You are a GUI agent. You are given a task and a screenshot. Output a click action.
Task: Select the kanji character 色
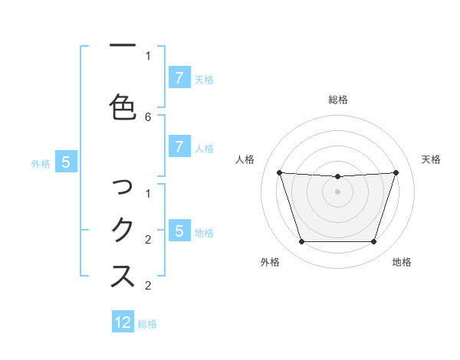coord(123,107)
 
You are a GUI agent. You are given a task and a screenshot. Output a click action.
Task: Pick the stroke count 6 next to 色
coord(148,117)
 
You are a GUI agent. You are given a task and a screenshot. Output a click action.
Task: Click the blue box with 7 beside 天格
coord(179,78)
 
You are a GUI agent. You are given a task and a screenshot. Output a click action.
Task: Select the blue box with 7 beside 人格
coord(179,148)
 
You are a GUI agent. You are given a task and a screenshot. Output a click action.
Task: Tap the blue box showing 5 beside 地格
coord(179,231)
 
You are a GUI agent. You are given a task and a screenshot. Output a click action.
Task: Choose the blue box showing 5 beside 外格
coord(66,162)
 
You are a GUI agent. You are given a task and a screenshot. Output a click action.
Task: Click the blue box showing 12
coord(123,322)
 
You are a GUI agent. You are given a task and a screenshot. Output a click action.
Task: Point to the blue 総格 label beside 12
coord(148,324)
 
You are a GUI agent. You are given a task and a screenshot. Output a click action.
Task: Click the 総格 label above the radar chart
coord(338,100)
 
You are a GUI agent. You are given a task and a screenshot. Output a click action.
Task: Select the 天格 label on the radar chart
coord(432,159)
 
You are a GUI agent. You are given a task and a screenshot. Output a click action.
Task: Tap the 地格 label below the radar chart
coord(402,262)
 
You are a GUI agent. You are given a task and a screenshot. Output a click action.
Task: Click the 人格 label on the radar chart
coord(245,159)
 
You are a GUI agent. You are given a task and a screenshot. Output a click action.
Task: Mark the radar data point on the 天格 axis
coord(396,172)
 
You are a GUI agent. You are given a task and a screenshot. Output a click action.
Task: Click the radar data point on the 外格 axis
coord(301,242)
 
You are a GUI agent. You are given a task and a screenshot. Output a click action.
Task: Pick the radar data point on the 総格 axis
coord(338,177)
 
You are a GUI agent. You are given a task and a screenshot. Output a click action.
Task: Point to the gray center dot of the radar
coord(338,191)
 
